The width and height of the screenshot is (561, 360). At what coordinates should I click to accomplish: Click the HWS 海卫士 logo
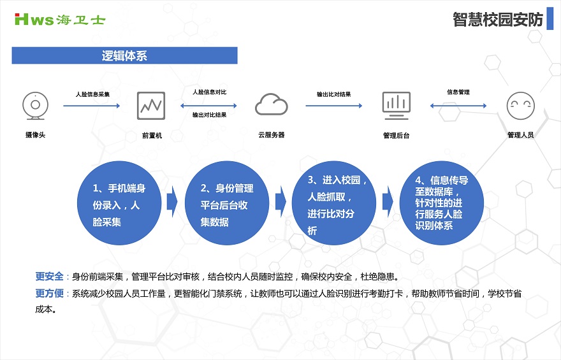60,19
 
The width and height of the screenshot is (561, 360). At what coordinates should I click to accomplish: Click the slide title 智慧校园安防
498,19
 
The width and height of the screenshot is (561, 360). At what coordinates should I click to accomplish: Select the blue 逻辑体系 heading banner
124,55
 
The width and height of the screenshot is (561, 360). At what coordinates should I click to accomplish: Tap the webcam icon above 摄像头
35,106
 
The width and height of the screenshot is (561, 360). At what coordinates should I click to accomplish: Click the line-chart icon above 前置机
151,106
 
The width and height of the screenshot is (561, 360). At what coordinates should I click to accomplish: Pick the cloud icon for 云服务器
271,104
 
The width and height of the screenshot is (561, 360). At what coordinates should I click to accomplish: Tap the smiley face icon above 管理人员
521,106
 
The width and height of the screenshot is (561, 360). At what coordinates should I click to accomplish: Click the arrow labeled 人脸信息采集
92,106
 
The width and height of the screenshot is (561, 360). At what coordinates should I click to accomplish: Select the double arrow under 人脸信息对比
208,106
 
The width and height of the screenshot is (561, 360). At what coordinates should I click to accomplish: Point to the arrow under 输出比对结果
334,106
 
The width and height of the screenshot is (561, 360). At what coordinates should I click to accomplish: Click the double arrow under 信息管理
458,106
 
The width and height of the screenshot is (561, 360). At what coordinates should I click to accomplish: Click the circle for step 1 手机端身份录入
119,203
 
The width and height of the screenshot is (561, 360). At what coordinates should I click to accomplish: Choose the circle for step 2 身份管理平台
227,203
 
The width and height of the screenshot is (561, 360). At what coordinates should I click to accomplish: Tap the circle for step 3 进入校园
334,203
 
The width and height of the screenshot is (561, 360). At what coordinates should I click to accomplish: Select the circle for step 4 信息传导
442,203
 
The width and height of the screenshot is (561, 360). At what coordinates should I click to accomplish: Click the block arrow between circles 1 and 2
172,201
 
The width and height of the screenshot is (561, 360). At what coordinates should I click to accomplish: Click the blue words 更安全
49,277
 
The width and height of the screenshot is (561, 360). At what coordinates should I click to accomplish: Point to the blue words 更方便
49,294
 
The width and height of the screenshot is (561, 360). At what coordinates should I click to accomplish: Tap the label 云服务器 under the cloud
271,135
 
